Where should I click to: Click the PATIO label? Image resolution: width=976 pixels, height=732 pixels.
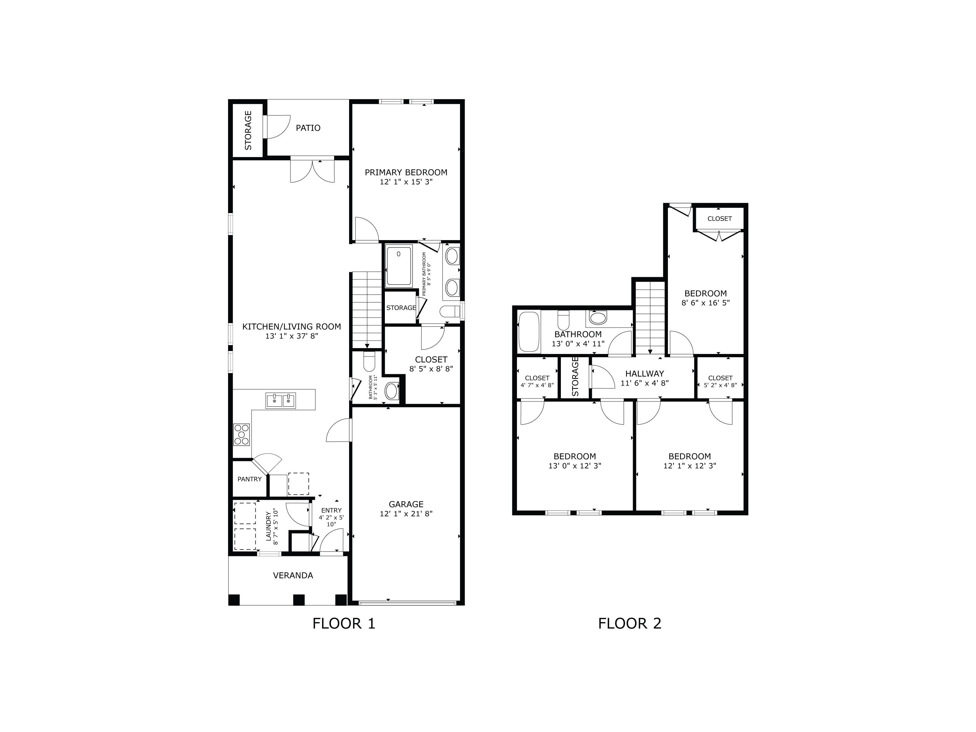click(x=308, y=128)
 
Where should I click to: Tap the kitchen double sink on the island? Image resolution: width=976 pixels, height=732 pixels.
click(x=281, y=400)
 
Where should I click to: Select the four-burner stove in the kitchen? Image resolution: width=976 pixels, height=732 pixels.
click(x=242, y=434)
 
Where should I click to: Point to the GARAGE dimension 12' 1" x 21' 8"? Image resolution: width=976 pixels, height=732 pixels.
click(x=406, y=514)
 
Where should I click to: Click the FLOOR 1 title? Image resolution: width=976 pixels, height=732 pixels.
click(x=344, y=623)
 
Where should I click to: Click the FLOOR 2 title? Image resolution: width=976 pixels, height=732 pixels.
click(x=630, y=623)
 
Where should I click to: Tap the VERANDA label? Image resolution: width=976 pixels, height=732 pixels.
click(x=293, y=576)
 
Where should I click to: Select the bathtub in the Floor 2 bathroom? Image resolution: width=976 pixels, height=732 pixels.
click(x=529, y=332)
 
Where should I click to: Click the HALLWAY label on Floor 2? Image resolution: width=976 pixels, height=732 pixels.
click(x=644, y=374)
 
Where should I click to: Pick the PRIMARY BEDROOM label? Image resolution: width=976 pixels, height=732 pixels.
click(x=406, y=172)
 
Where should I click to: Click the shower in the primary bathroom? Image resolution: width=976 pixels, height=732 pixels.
click(x=399, y=266)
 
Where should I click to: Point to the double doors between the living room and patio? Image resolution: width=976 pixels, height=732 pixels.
click(x=312, y=171)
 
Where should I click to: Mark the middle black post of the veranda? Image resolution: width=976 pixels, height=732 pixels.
click(x=299, y=600)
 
